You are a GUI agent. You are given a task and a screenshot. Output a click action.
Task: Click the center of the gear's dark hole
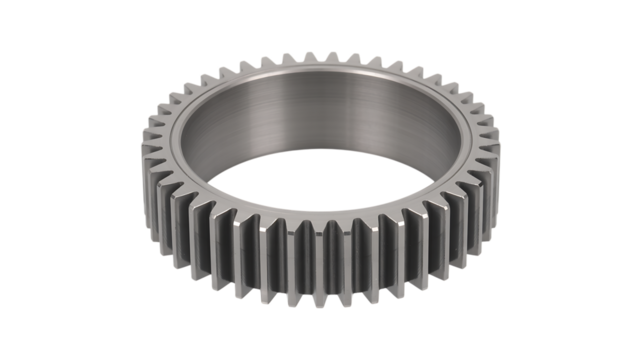(320, 170)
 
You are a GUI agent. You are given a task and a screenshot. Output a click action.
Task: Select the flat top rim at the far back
(321, 71)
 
